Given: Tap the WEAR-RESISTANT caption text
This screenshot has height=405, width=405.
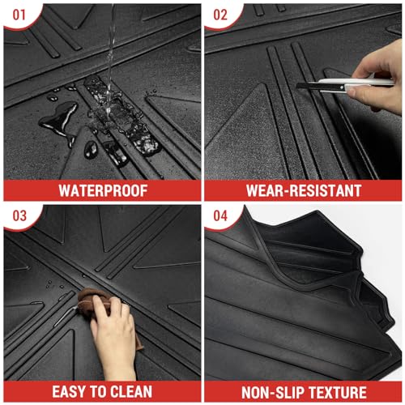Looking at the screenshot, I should tap(304, 191).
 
